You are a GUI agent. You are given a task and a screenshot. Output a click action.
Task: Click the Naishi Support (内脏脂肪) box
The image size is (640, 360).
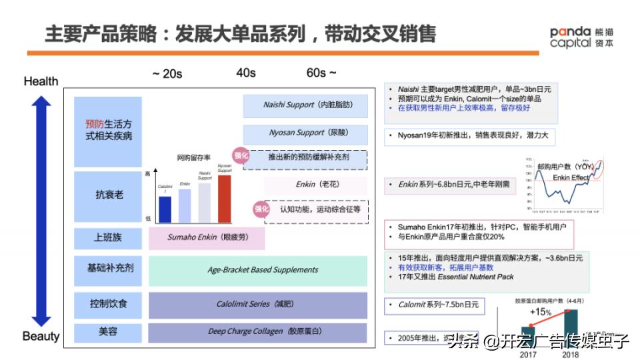(x=305, y=105)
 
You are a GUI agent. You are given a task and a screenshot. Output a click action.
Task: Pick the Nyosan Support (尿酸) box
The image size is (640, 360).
(x=305, y=133)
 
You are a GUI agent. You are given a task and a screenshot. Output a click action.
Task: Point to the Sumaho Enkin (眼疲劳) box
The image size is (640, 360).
(x=207, y=237)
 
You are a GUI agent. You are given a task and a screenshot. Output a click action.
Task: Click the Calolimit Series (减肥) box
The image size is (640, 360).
(x=257, y=304)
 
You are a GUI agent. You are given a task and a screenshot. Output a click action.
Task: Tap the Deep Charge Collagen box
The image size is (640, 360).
(x=257, y=331)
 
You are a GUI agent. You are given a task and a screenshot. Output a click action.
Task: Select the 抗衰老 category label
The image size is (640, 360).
(x=108, y=195)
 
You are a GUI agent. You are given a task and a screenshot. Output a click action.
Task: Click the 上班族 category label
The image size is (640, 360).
(x=108, y=237)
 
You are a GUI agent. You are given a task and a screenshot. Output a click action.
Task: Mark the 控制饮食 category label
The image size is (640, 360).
(x=108, y=304)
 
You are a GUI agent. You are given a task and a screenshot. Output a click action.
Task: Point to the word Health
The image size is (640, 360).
(x=41, y=81)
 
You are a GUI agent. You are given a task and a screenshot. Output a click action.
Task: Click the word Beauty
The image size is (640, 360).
(x=41, y=336)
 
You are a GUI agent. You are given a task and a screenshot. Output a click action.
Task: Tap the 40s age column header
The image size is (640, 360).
(x=246, y=73)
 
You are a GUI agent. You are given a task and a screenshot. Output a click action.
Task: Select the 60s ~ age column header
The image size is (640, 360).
(x=321, y=73)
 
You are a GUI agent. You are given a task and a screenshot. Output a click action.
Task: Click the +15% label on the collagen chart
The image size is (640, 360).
(x=541, y=313)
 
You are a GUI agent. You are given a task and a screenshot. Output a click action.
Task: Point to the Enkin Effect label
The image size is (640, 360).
(x=571, y=178)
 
